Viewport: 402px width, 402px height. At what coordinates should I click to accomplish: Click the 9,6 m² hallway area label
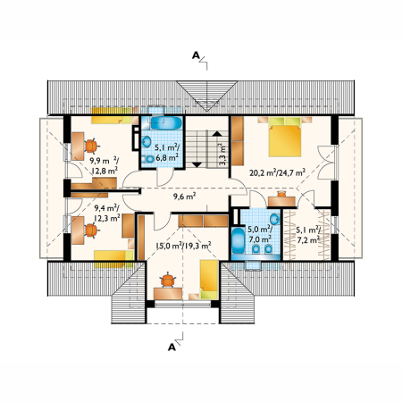pyautogui.click(x=184, y=197)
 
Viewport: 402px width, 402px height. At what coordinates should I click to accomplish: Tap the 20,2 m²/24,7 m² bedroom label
pyautogui.click(x=277, y=172)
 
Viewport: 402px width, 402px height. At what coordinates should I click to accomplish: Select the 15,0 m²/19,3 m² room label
pyautogui.click(x=183, y=246)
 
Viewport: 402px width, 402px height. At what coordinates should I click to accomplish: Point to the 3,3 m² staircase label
pyautogui.click(x=222, y=155)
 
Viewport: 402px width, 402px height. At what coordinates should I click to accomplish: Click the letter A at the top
pyautogui.click(x=196, y=55)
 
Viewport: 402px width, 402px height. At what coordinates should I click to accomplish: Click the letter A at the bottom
pyautogui.click(x=172, y=348)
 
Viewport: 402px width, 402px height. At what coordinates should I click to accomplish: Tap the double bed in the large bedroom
pyautogui.click(x=285, y=138)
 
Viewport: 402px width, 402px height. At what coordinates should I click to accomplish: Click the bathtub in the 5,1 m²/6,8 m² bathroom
pyautogui.click(x=166, y=123)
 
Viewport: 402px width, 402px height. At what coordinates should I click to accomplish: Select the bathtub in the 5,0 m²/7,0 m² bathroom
pyautogui.click(x=239, y=241)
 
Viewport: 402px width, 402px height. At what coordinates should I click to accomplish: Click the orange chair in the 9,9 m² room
pyautogui.click(x=91, y=146)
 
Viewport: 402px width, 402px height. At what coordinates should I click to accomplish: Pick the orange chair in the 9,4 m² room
pyautogui.click(x=91, y=230)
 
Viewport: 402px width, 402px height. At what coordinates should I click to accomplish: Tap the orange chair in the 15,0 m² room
pyautogui.click(x=168, y=280)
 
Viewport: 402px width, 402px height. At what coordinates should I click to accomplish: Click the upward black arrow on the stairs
pyautogui.click(x=217, y=134)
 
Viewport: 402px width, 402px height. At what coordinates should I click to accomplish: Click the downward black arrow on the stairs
pyautogui.click(x=197, y=164)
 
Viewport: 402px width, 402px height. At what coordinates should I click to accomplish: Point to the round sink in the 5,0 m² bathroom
pyautogui.click(x=274, y=220)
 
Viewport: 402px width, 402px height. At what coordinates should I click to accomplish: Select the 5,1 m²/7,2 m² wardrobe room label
pyautogui.click(x=308, y=235)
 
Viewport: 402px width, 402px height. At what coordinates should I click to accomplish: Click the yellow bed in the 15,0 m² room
pyautogui.click(x=209, y=280)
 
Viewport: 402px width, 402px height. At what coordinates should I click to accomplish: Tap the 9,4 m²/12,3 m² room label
pyautogui.click(x=107, y=213)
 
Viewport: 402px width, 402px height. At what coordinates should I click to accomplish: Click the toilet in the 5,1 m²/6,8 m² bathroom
pyautogui.click(x=149, y=159)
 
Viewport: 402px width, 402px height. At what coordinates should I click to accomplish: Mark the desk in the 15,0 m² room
pyautogui.click(x=168, y=294)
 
